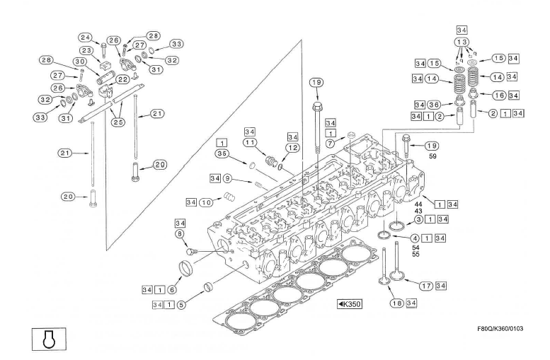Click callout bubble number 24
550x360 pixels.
pos(86,37)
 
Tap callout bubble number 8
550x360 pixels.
pos(181,233)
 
